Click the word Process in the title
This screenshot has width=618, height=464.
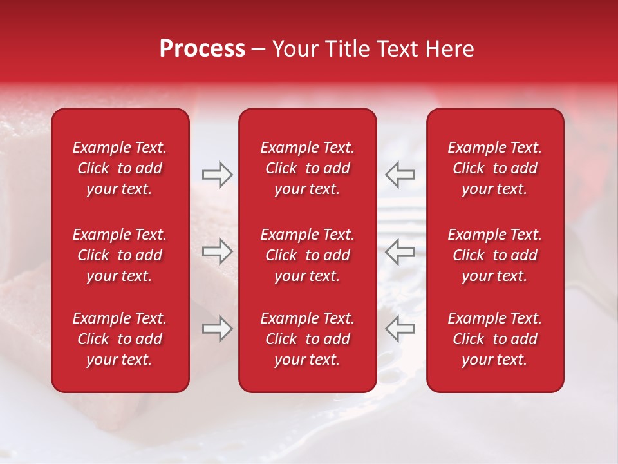point(202,49)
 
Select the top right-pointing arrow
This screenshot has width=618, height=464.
point(217,175)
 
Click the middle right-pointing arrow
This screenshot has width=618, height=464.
point(217,251)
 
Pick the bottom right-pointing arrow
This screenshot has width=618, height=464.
point(217,329)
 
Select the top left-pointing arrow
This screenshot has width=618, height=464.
point(400,175)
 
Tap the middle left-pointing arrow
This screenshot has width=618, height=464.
point(400,251)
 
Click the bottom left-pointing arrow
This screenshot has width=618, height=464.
point(400,329)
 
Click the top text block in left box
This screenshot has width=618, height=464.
point(120,168)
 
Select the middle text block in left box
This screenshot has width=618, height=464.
point(120,255)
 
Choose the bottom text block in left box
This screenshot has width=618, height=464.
point(120,339)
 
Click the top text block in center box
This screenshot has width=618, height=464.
point(308,168)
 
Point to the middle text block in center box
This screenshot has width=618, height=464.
point(308,255)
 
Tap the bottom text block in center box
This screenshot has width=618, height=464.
point(308,339)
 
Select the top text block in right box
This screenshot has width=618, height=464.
point(495,168)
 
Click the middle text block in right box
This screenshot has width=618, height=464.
point(495,255)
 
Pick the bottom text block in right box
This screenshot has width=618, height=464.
point(495,339)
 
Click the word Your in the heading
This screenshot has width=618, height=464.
point(293,49)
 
